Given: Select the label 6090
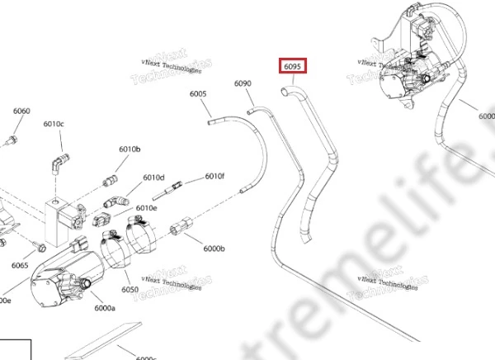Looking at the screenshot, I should tap(243, 83).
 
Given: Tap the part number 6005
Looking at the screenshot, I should tap(198, 94).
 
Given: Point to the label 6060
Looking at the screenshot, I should tap(21, 111).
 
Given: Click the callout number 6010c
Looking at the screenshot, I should tap(54, 124).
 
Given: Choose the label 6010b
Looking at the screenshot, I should tap(130, 149).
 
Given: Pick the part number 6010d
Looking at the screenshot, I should tap(153, 178).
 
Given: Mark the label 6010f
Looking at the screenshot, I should tap(214, 176).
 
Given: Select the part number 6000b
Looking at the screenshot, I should tap(214, 248).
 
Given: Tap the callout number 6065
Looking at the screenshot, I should tap(20, 265).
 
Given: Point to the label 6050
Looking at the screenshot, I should tap(130, 289).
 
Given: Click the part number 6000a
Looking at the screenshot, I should tap(105, 308).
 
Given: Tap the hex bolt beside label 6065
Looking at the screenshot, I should tap(40, 246).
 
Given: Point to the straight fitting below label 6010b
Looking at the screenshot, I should tap(109, 181).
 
